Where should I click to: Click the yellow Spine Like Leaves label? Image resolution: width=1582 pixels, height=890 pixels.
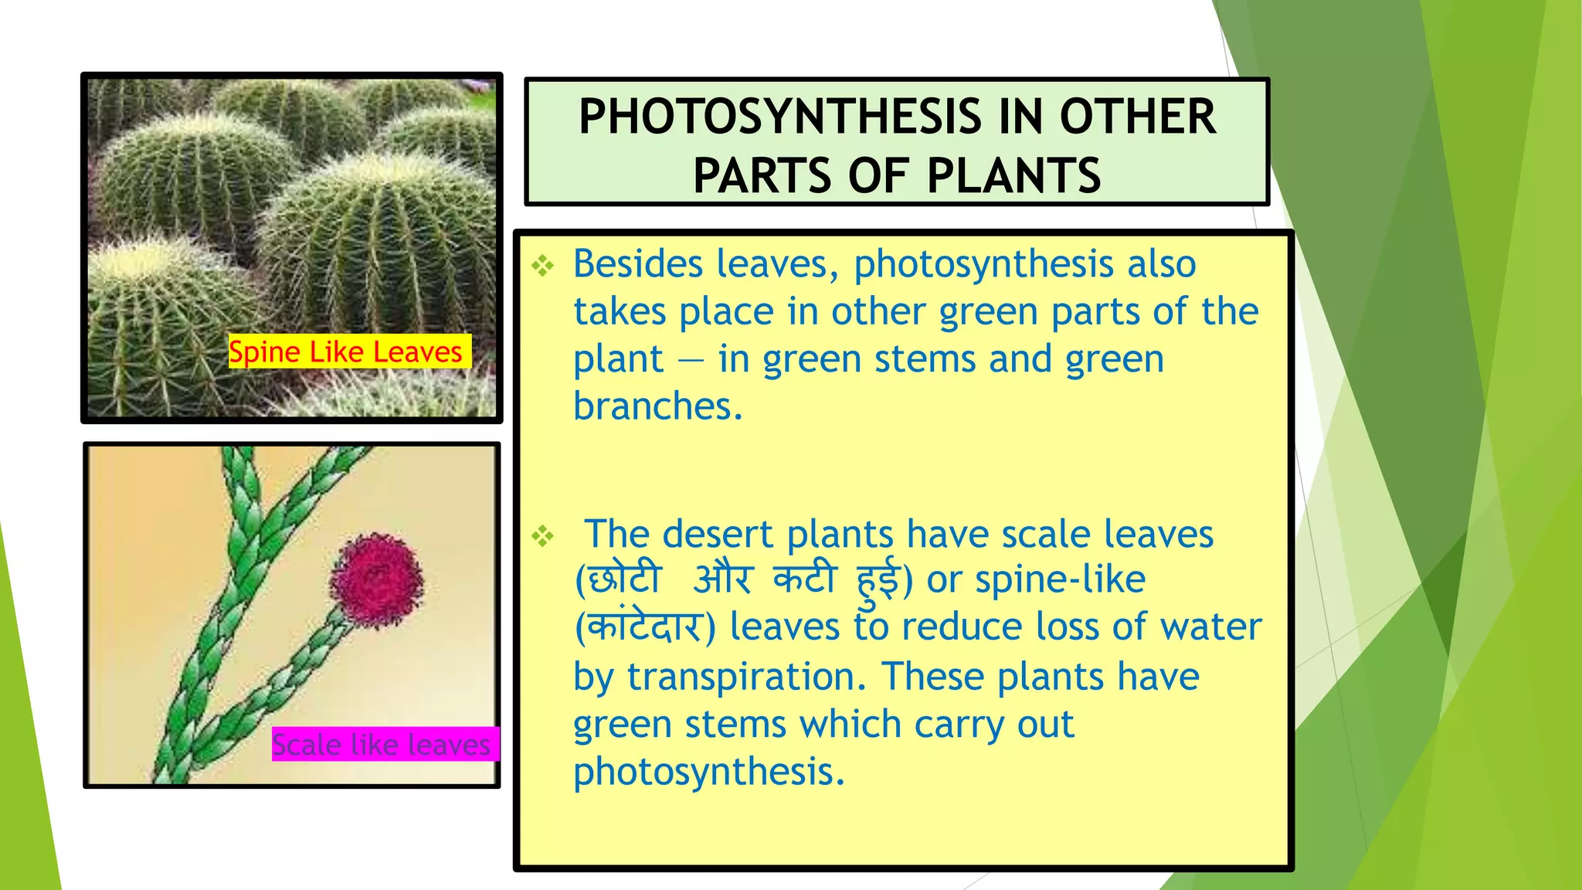click(x=345, y=352)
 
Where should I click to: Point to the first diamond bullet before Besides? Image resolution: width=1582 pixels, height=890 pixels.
click(x=543, y=267)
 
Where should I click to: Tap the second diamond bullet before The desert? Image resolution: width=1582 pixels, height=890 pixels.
click(x=543, y=536)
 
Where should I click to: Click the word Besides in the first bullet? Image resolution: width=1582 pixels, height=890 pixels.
click(x=638, y=264)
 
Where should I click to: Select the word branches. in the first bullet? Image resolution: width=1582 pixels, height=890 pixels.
click(x=657, y=406)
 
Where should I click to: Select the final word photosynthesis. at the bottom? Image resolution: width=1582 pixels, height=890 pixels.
click(x=709, y=772)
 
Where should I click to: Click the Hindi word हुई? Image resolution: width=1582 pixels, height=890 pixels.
click(x=878, y=579)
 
